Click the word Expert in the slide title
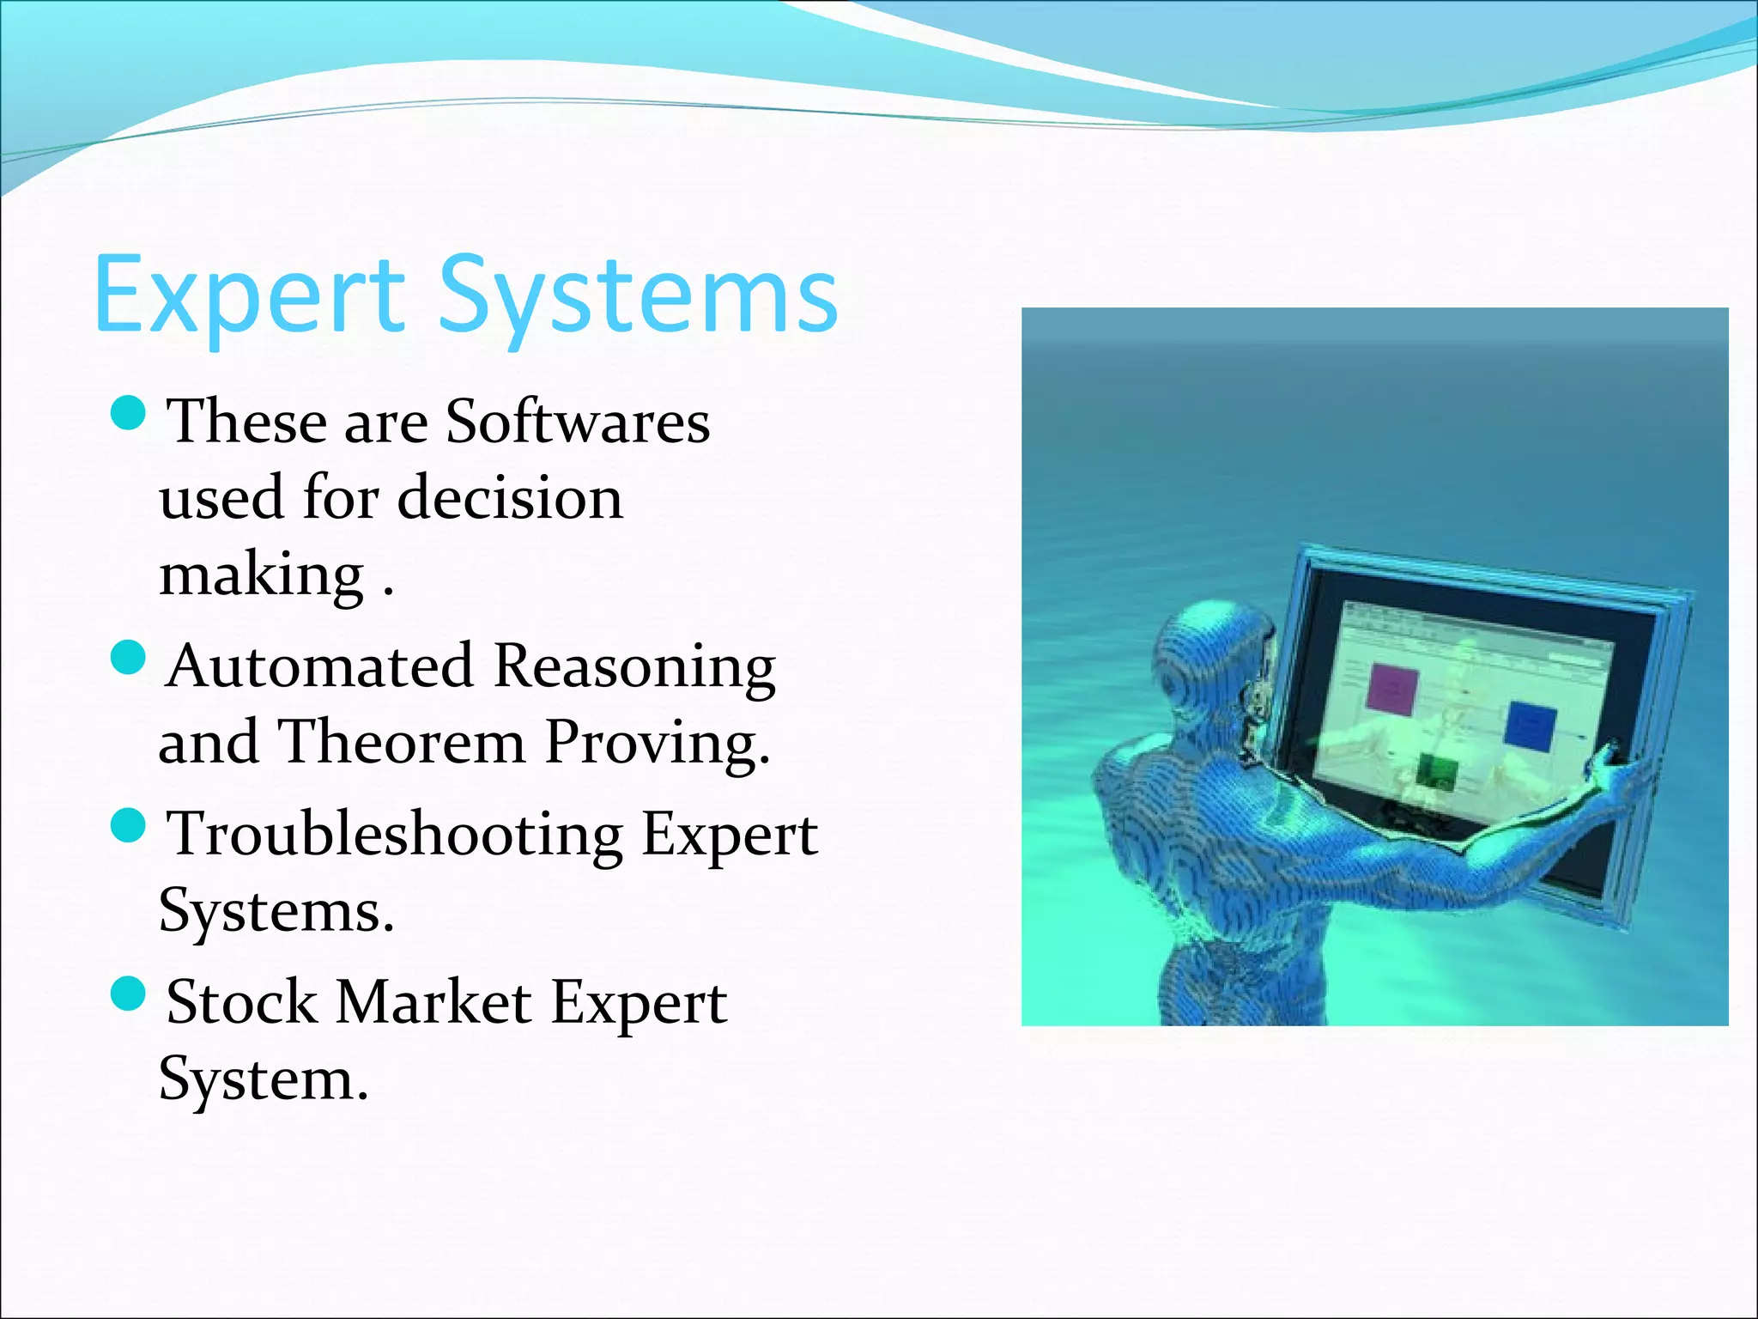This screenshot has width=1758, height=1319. pyautogui.click(x=249, y=296)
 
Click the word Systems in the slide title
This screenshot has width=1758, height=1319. pyautogui.click(x=639, y=296)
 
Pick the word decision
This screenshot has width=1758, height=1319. pyautogui.click(x=511, y=498)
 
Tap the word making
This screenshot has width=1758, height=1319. pyautogui.click(x=262, y=575)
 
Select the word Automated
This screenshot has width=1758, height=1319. pyautogui.click(x=320, y=666)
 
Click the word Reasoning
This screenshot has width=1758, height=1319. pyautogui.click(x=635, y=668)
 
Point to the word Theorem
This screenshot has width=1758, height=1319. pyautogui.click(x=401, y=742)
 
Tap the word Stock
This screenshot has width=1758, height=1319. pyautogui.click(x=241, y=1003)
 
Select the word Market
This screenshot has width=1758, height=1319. pyautogui.click(x=433, y=1003)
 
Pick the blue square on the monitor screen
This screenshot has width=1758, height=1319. pyautogui.click(x=1531, y=726)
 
